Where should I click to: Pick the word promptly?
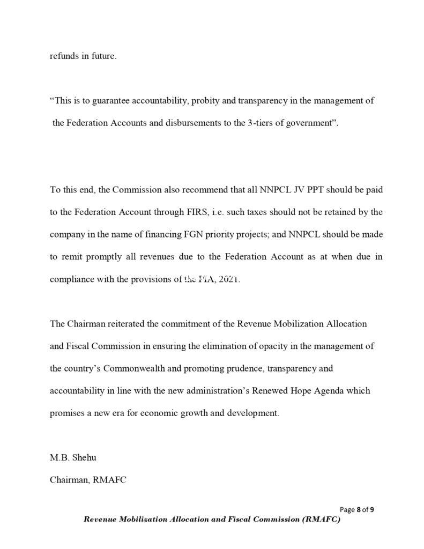coord(102,257)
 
